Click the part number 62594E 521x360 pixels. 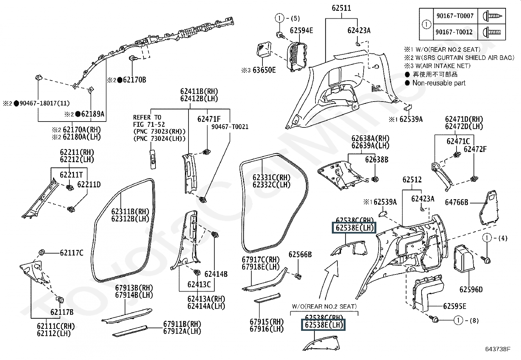point(301,30)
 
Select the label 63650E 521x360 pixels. point(264,70)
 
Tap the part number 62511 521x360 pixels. point(341,8)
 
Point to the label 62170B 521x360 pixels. point(135,80)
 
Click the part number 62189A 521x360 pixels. point(93,114)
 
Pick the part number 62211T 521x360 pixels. point(71,175)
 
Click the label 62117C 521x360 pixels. point(71,253)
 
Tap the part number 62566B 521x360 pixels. point(300,255)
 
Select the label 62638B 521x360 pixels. point(377,160)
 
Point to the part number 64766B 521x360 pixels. point(457,202)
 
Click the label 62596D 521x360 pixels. point(471,289)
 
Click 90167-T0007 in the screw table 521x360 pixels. point(455,16)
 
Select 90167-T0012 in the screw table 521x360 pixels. point(455,32)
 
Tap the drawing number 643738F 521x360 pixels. point(497,349)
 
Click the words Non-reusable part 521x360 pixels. point(439,83)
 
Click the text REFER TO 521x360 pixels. point(147,117)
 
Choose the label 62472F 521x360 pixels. point(475,149)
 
